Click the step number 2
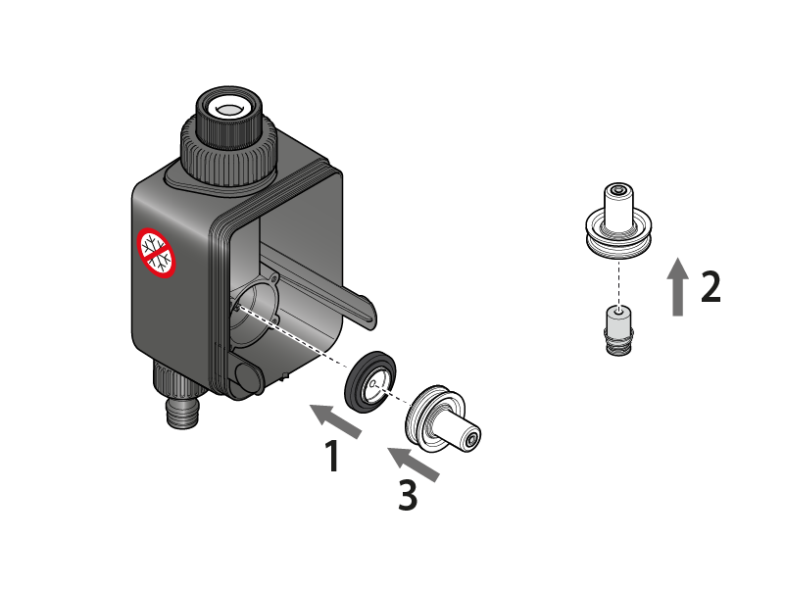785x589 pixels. coord(711,286)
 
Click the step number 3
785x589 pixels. coord(408,495)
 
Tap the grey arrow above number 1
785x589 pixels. coord(336,420)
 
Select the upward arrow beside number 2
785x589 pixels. coord(678,286)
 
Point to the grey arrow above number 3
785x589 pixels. coord(414,465)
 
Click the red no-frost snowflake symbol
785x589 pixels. coord(156,253)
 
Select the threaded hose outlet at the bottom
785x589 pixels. coord(182,413)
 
